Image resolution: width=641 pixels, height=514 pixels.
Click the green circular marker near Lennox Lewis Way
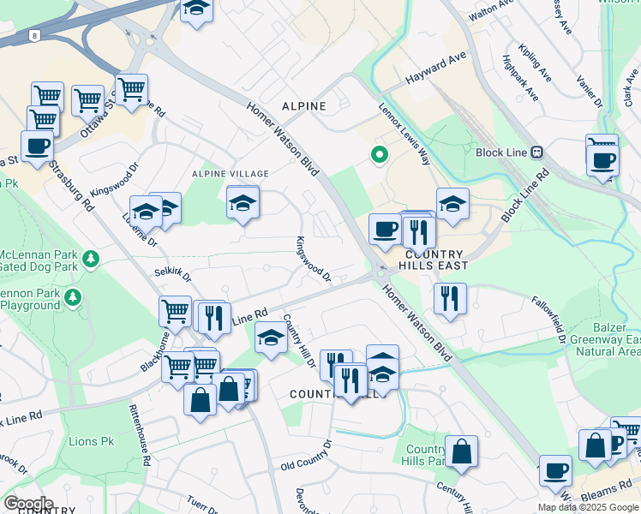pyautogui.click(x=377, y=155)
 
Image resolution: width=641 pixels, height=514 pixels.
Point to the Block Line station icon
pyautogui.click(x=537, y=152)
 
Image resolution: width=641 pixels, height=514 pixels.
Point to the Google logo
pyautogui.click(x=27, y=503)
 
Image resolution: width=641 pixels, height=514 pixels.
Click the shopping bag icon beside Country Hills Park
pyautogui.click(x=461, y=451)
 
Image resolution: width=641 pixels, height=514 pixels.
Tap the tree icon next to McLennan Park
pyautogui.click(x=90, y=257)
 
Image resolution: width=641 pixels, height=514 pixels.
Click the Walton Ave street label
pyautogui.click(x=491, y=14)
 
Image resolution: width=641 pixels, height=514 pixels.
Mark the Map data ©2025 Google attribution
pyautogui.click(x=587, y=507)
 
